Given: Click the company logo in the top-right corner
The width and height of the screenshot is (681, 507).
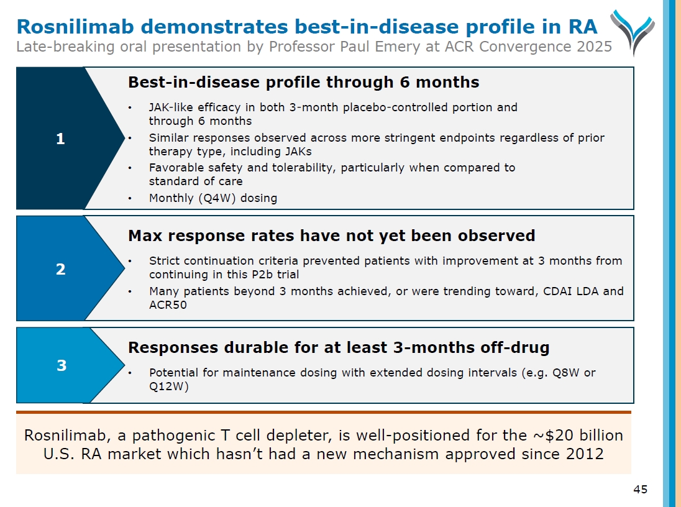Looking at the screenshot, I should pyautogui.click(x=631, y=31).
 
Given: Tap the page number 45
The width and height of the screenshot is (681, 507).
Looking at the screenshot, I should pyautogui.click(x=640, y=490).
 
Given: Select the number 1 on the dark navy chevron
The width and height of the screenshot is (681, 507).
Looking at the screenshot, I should pyautogui.click(x=60, y=139).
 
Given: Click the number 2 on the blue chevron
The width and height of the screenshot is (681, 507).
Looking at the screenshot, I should pyautogui.click(x=60, y=269).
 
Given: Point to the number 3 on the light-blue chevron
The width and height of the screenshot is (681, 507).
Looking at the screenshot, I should pyautogui.click(x=61, y=365).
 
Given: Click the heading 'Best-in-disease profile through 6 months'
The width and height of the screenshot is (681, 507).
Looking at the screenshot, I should pyautogui.click(x=303, y=82).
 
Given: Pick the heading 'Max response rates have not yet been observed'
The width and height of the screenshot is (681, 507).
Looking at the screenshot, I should pyautogui.click(x=331, y=235).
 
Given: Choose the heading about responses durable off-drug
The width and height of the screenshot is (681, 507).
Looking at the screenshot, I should pyautogui.click(x=339, y=347).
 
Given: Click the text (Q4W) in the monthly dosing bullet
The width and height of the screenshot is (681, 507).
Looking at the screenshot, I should pyautogui.click(x=216, y=198).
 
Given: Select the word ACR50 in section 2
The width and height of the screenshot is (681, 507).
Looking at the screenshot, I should pyautogui.click(x=168, y=305).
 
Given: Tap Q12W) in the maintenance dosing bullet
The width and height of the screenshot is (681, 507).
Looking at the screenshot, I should pyautogui.click(x=168, y=386).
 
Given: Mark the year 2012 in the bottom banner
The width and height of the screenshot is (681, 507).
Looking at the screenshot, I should pyautogui.click(x=585, y=454).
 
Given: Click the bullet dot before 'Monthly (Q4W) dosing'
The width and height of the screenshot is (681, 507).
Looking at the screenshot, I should pyautogui.click(x=129, y=199).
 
